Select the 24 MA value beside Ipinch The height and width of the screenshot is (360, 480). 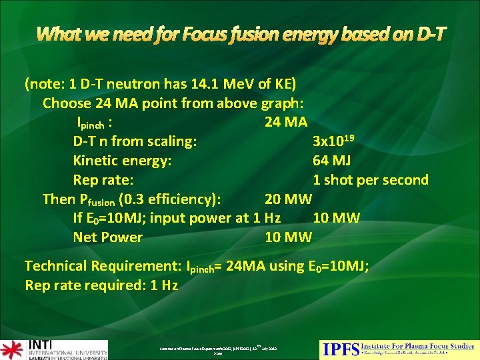(286, 122)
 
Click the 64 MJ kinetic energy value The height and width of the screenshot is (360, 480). (331, 161)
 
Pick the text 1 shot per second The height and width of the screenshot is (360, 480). (371, 180)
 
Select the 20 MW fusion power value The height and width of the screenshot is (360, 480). (288, 199)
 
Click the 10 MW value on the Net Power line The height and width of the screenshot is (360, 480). (288, 237)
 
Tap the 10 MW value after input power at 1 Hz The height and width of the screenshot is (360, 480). (336, 218)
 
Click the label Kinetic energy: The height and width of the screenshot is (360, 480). (122, 161)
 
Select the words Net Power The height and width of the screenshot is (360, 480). (107, 237)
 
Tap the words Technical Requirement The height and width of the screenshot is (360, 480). (102, 266)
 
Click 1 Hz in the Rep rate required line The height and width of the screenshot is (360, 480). (164, 285)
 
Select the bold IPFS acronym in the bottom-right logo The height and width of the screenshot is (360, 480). (339, 349)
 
